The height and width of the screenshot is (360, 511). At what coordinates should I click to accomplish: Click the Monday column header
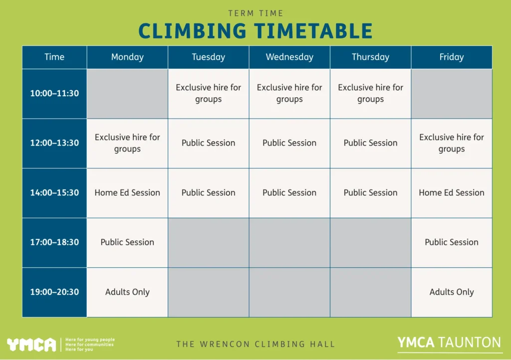click(x=127, y=57)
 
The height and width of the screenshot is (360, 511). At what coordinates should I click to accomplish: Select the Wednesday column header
click(x=289, y=57)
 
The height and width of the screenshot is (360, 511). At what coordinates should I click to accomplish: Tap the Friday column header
click(x=451, y=57)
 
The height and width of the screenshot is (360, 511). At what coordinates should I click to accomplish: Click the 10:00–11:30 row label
click(x=54, y=93)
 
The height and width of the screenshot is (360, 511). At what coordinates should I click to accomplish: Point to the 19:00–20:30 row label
click(x=54, y=292)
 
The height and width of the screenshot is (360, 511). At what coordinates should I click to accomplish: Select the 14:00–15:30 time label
click(x=54, y=192)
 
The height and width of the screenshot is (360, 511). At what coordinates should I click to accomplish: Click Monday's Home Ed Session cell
click(x=127, y=192)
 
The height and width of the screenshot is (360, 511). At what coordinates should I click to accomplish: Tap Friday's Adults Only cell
click(x=451, y=292)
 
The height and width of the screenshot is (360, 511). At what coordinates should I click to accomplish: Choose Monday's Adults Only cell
click(x=127, y=292)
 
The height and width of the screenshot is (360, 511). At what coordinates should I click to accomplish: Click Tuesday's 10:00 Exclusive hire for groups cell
click(x=208, y=93)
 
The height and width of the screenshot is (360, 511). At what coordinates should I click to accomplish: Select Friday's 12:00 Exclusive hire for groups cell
click(x=451, y=143)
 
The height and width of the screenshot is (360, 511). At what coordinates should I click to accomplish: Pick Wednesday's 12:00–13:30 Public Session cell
click(x=289, y=143)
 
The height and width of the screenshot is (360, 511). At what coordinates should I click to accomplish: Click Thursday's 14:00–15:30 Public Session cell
click(x=370, y=192)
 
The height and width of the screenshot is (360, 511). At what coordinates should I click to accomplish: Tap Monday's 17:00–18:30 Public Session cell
click(x=127, y=242)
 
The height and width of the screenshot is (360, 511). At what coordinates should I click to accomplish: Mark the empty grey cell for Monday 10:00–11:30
click(x=127, y=93)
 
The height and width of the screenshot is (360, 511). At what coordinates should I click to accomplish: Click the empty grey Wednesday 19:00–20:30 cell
click(x=289, y=292)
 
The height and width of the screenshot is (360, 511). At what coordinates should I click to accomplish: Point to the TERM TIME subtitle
click(x=255, y=13)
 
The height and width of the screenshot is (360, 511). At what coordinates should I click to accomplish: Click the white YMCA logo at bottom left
click(x=31, y=345)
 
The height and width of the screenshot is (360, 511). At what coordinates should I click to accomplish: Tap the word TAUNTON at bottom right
click(x=470, y=343)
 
